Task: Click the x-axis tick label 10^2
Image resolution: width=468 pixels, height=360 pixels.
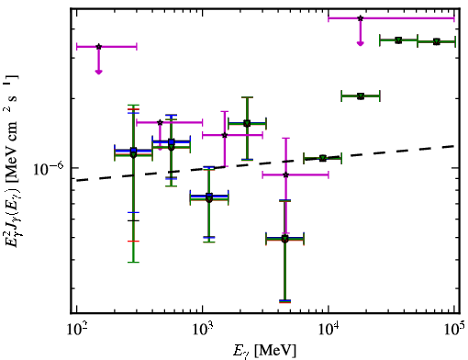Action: pyautogui.click(x=76, y=329)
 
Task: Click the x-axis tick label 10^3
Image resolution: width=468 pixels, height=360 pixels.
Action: pyautogui.click(x=202, y=329)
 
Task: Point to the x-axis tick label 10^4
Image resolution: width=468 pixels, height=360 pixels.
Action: pyautogui.click(x=329, y=329)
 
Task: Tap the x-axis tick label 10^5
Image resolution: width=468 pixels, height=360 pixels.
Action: pyautogui.click(x=454, y=329)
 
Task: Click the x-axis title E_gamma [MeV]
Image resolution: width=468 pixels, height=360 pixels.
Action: pyautogui.click(x=264, y=351)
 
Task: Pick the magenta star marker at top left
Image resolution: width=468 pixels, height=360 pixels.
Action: pyautogui.click(x=98, y=47)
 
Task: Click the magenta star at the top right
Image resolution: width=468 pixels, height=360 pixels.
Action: pyautogui.click(x=361, y=18)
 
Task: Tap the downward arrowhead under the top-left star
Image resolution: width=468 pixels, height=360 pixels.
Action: pyautogui.click(x=98, y=72)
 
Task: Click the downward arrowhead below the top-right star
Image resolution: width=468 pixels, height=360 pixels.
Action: pyautogui.click(x=361, y=44)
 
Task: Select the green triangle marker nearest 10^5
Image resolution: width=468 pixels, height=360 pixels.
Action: pyautogui.click(x=437, y=41)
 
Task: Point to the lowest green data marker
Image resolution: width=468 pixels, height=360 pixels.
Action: pyautogui.click(x=284, y=239)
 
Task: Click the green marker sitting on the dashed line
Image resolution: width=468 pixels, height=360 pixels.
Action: pyautogui.click(x=322, y=158)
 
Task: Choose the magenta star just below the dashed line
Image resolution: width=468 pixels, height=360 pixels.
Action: pyautogui.click(x=286, y=175)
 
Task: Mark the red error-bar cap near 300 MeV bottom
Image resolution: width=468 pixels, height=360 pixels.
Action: pyautogui.click(x=133, y=242)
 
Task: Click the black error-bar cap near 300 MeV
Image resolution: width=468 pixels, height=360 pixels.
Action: pyautogui.click(x=133, y=220)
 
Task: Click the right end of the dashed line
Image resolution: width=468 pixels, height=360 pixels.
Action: pyautogui.click(x=455, y=146)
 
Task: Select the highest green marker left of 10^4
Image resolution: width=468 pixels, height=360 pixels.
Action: pyautogui.click(x=247, y=123)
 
